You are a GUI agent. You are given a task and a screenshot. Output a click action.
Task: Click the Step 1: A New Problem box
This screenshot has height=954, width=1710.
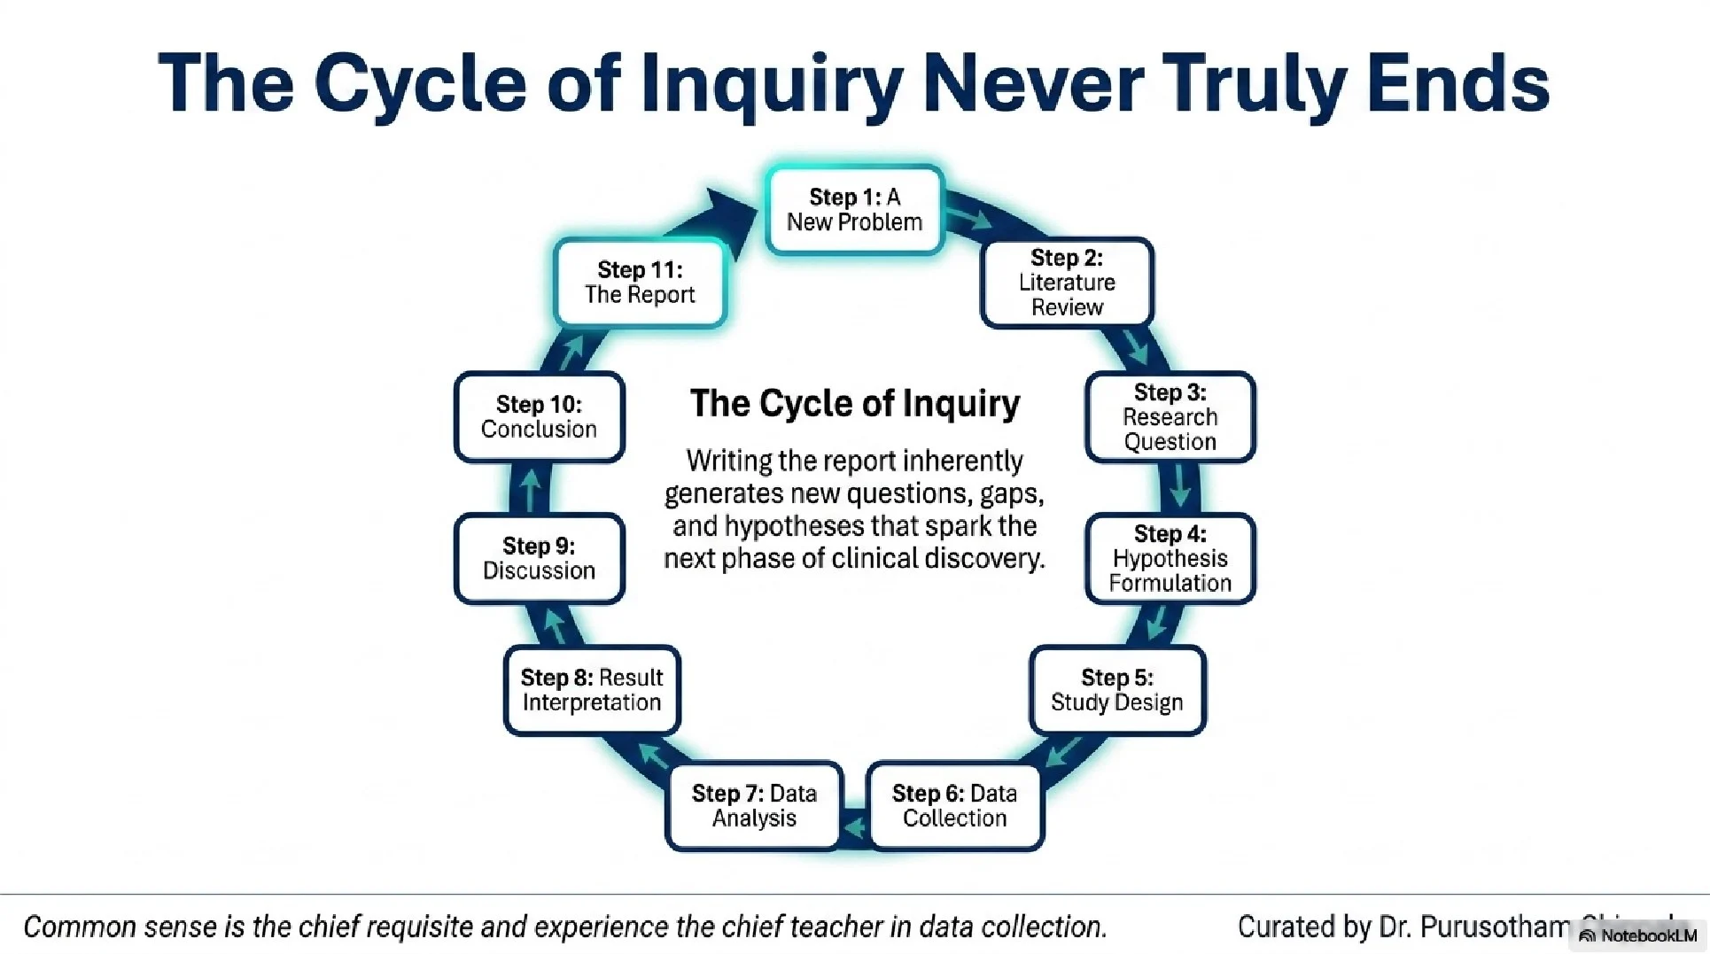pos(854,210)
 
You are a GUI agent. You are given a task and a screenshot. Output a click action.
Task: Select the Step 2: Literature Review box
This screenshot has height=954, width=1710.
pos(1067,283)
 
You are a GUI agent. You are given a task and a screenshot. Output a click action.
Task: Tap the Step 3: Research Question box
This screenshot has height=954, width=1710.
pos(1170,417)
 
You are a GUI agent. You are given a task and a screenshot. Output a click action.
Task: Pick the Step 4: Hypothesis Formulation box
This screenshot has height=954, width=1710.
pos(1170,559)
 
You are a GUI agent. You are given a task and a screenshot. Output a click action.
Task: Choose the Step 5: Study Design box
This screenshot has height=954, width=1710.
pos(1116,690)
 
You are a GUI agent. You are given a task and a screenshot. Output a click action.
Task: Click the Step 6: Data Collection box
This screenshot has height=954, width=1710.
pos(954,806)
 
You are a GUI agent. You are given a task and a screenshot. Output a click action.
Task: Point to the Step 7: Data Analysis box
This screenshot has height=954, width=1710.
pos(754,806)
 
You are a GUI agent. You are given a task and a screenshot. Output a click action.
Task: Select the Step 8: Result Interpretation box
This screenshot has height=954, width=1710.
pos(592,690)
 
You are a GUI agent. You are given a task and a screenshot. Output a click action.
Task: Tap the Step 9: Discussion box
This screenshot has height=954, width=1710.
pos(539,559)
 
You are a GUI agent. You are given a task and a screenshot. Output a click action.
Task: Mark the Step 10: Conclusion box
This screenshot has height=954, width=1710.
pos(539,417)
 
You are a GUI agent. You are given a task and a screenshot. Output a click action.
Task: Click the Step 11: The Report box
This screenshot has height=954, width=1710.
pos(640,283)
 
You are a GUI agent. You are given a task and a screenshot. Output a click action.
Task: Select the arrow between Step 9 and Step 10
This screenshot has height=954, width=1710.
pos(530,489)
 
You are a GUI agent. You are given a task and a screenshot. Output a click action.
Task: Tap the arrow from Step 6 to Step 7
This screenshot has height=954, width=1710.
pos(854,827)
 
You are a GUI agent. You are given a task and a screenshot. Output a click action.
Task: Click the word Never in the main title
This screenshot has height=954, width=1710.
pos(1032,83)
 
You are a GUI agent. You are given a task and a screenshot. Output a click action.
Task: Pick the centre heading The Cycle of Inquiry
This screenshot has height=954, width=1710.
pos(855,404)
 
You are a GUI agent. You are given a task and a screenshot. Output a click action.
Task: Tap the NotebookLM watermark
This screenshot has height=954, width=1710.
pos(1639,936)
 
